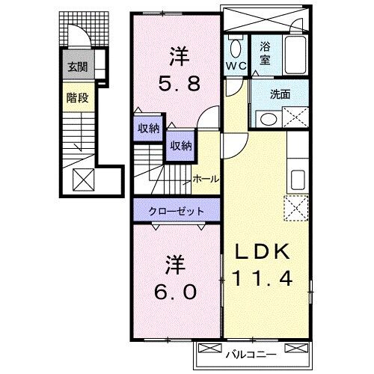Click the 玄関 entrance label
coord(77,67)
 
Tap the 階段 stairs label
coord(76,96)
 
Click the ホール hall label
coord(206,179)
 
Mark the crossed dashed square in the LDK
coord(296,207)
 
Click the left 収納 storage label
coord(147,128)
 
